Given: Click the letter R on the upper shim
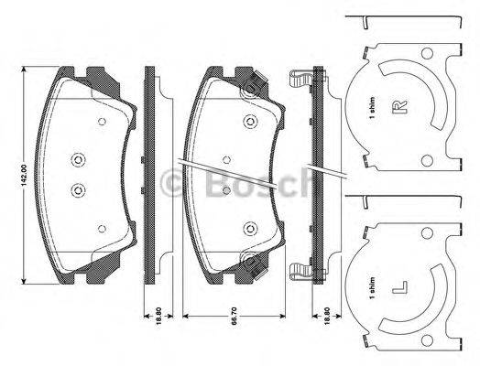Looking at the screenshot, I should point(398,112).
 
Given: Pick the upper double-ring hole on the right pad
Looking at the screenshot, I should point(249,122).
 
